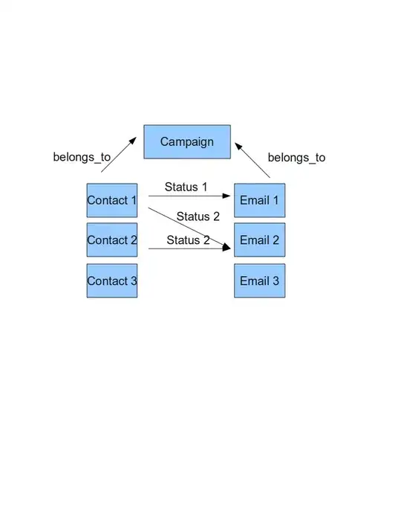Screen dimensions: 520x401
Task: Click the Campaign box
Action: pyautogui.click(x=186, y=141)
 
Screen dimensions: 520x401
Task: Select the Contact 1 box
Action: pyautogui.click(x=112, y=200)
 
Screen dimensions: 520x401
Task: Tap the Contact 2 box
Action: pyautogui.click(x=112, y=240)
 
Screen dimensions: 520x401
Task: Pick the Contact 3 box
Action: pyautogui.click(x=112, y=280)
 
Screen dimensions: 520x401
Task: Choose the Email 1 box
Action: pyautogui.click(x=259, y=200)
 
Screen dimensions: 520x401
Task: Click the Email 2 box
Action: pyautogui.click(x=259, y=240)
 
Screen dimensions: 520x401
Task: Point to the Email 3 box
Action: pyautogui.click(x=259, y=280)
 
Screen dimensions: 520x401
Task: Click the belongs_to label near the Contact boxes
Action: pyautogui.click(x=82, y=158)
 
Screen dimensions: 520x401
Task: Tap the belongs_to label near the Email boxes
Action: pyautogui.click(x=296, y=158)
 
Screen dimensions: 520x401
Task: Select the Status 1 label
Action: pyautogui.click(x=186, y=187)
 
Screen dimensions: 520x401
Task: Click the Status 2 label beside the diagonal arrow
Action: pyautogui.click(x=198, y=216)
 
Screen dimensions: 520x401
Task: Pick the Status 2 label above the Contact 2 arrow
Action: pyautogui.click(x=187, y=240)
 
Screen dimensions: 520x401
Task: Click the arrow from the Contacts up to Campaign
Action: pyautogui.click(x=119, y=154)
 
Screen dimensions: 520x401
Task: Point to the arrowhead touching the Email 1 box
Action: pyautogui.click(x=229, y=196)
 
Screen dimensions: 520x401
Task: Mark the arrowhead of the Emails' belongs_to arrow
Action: pyautogui.click(x=238, y=145)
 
